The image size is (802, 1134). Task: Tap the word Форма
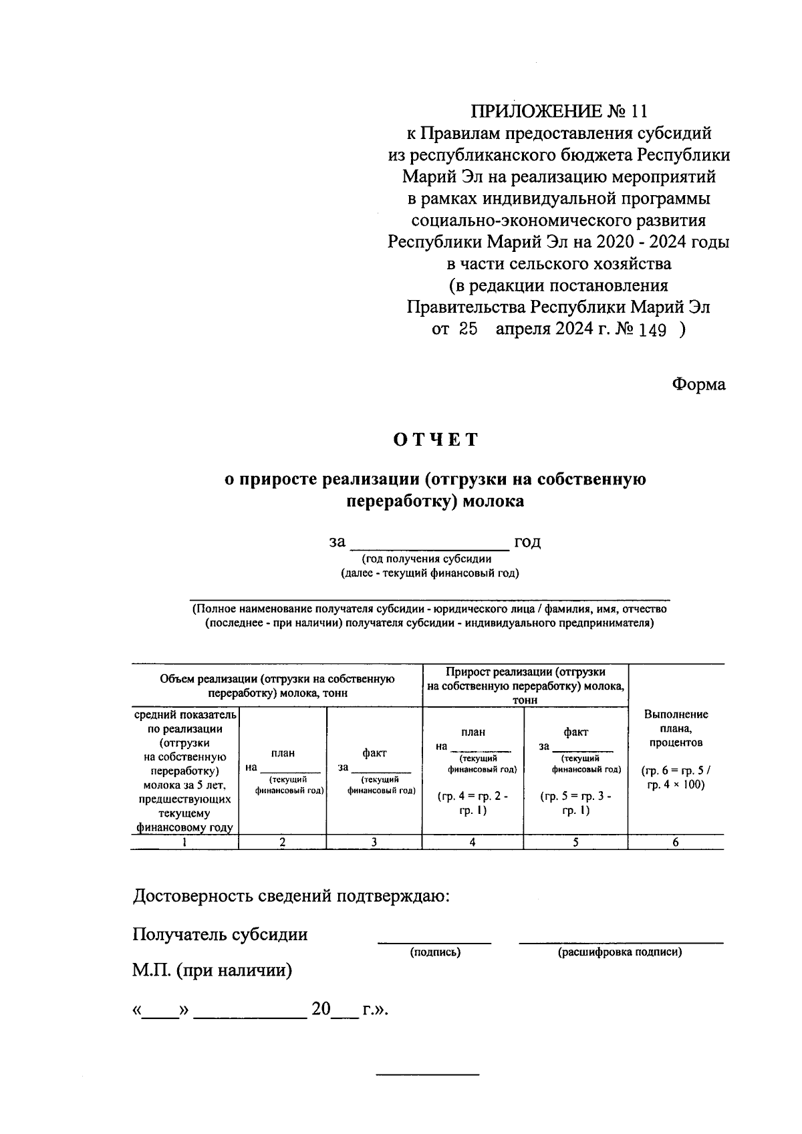698,384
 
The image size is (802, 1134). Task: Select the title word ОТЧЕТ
436,440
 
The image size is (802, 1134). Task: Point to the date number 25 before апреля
467,329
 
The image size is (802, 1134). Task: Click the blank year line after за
430,542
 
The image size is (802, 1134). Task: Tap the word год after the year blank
527,542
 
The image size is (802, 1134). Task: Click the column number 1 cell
184,843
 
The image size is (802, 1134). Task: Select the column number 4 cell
473,843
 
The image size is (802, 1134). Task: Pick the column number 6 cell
676,843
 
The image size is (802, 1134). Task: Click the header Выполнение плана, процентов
676,728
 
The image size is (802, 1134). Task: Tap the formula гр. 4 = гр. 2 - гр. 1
473,803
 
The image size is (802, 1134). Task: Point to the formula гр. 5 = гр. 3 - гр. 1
575,803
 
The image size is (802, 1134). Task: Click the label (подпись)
435,952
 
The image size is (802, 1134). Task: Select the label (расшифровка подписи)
620,952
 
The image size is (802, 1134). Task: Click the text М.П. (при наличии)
213,970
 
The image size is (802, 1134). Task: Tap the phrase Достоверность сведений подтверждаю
291,896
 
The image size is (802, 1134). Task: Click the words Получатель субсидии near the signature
221,934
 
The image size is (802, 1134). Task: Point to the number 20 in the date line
321,1009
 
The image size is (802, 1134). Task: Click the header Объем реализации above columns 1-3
277,686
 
